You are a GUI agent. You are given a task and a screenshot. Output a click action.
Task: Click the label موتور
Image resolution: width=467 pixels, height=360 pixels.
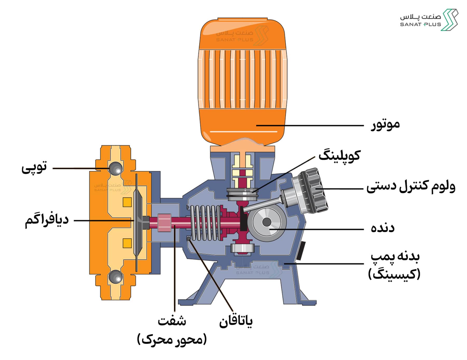pyautogui.click(x=385, y=125)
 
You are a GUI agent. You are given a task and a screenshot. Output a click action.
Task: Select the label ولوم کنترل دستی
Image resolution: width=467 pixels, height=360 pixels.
pyautogui.click(x=411, y=187)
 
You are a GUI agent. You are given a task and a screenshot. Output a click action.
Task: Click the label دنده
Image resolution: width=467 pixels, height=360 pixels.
pyautogui.click(x=383, y=228)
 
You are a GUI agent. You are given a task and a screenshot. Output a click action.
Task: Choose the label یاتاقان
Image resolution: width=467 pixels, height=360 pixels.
pyautogui.click(x=236, y=322)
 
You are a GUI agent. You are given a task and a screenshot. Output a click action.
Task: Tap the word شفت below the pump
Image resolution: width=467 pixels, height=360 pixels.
pyautogui.click(x=172, y=321)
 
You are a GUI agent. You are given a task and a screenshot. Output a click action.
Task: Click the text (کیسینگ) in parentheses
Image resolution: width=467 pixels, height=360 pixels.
pyautogui.click(x=394, y=274)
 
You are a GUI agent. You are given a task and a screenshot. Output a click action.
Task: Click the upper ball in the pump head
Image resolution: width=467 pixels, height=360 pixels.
pyautogui.click(x=115, y=169)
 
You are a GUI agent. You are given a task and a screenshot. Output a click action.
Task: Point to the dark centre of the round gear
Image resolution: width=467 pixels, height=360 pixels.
pyautogui.click(x=267, y=222)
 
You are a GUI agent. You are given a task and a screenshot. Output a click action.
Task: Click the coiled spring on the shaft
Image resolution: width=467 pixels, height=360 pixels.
pyautogui.click(x=206, y=223)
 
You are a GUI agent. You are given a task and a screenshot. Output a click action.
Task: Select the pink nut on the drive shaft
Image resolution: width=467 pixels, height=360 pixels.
pyautogui.click(x=164, y=223)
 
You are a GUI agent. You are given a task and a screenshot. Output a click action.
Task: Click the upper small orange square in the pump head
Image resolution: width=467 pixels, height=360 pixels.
pyautogui.click(x=127, y=202)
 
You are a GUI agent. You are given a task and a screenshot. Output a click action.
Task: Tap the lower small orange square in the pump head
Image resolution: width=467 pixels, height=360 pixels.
pyautogui.click(x=127, y=243)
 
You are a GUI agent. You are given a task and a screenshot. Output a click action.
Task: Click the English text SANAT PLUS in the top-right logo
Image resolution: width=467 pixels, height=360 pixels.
pyautogui.click(x=420, y=24)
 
